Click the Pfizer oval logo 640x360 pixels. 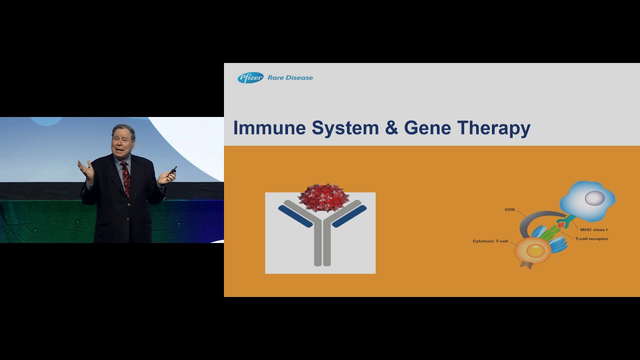[x=250, y=77]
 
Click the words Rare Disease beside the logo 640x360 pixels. [x=290, y=77]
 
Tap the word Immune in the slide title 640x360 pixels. [x=269, y=128]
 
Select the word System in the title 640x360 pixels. [x=345, y=128]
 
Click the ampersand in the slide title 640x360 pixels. [x=391, y=128]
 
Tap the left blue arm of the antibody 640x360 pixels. [x=295, y=216]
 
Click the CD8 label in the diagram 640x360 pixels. [x=509, y=209]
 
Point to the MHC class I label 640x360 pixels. [x=593, y=229]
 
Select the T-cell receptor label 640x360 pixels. [x=591, y=239]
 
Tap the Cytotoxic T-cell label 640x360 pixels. [x=490, y=241]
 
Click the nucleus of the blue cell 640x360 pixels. [x=594, y=198]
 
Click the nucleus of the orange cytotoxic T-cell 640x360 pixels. [x=535, y=250]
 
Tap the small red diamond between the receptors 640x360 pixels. [x=561, y=225]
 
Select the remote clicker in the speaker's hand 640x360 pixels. [x=173, y=170]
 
